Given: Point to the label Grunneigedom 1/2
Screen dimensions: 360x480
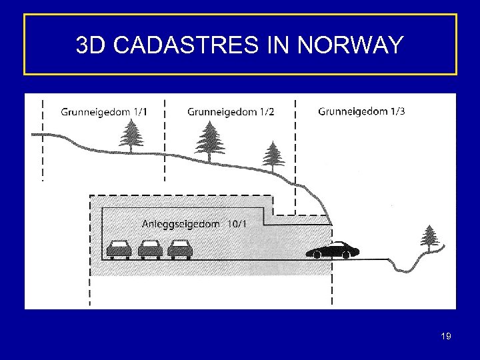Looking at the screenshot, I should click(x=231, y=111).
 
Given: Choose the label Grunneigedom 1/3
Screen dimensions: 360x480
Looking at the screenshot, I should click(x=361, y=111).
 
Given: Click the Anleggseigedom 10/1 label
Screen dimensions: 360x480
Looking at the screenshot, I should click(x=194, y=224).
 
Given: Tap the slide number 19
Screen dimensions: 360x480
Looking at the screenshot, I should click(x=446, y=336).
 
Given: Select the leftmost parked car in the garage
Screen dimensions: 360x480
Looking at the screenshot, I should click(x=120, y=249).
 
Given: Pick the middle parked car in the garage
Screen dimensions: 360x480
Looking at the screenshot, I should click(x=150, y=249).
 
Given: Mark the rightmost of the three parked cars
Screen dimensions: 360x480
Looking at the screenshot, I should click(x=180, y=249).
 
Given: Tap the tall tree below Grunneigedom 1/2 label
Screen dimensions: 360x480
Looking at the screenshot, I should click(x=209, y=142).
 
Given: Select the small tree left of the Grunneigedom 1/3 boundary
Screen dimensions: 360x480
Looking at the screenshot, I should click(x=271, y=157).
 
